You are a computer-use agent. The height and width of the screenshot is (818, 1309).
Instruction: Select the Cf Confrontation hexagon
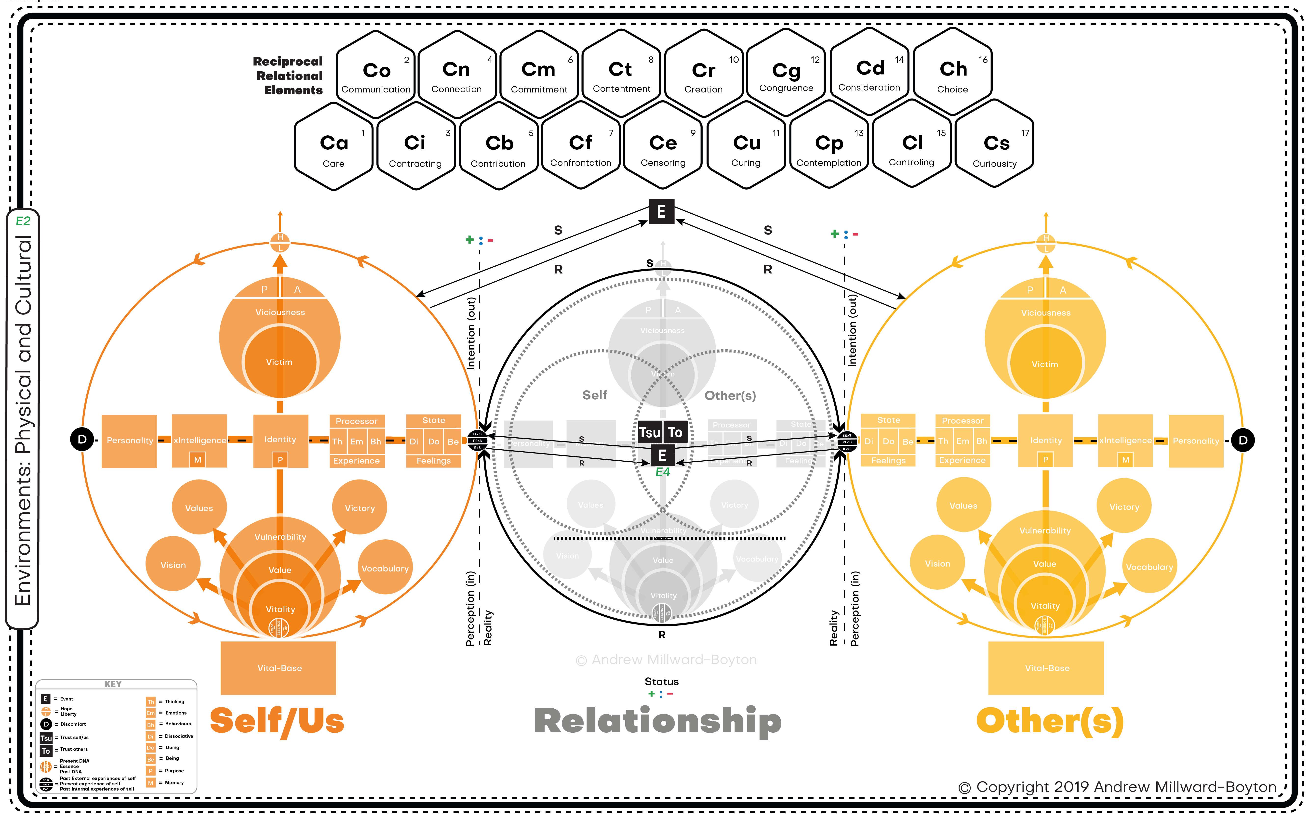coord(581,147)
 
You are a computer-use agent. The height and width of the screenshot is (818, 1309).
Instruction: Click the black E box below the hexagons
coord(661,211)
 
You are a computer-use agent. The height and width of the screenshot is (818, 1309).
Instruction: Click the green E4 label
coord(662,472)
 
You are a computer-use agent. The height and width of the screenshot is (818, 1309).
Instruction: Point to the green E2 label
coord(23,221)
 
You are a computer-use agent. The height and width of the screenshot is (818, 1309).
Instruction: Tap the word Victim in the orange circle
coord(279,362)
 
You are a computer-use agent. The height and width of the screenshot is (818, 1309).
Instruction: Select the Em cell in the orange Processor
coord(357,441)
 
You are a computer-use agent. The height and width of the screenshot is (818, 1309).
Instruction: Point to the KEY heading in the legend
coord(113,684)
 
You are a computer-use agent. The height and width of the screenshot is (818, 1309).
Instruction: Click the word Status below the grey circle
coord(661,682)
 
